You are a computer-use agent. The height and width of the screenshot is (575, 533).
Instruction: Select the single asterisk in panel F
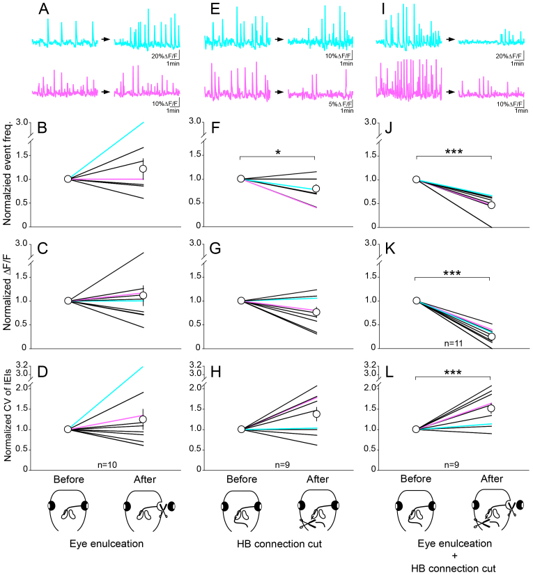pyautogui.click(x=278, y=150)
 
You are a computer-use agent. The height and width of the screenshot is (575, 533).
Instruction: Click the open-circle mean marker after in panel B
pyautogui.click(x=144, y=168)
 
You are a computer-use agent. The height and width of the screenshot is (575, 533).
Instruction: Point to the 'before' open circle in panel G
pyautogui.click(x=241, y=301)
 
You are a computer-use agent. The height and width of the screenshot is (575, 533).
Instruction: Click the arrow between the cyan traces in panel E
pyautogui.click(x=278, y=42)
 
